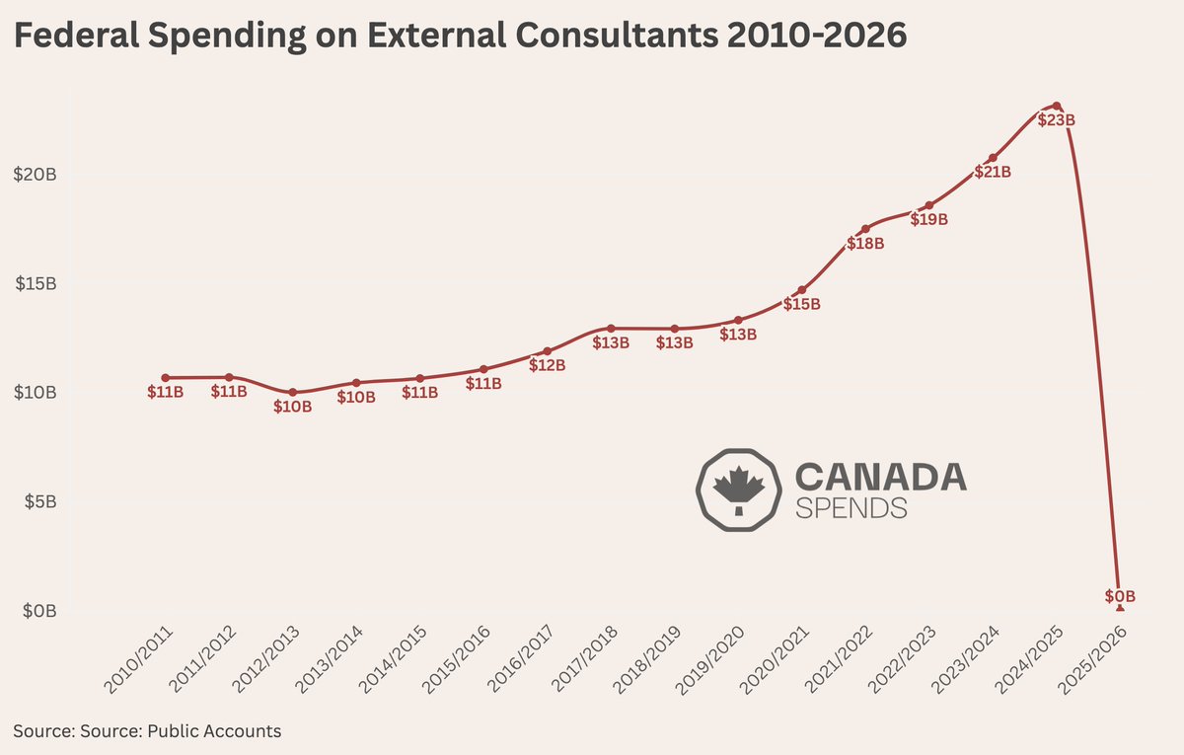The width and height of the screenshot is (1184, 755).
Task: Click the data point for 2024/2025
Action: (1056, 106)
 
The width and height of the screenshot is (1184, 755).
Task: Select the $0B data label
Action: (1120, 596)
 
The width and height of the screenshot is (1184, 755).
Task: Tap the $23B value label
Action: (1056, 120)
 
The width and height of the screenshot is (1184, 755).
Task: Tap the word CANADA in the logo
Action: (880, 477)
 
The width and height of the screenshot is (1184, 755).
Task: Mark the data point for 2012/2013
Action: (293, 392)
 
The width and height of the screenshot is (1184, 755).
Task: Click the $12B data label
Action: (547, 365)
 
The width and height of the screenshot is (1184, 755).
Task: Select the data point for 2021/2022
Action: (865, 229)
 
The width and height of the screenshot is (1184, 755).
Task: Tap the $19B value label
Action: (928, 220)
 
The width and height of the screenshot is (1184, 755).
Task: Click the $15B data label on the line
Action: (801, 305)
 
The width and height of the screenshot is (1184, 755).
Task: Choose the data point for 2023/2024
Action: (993, 158)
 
